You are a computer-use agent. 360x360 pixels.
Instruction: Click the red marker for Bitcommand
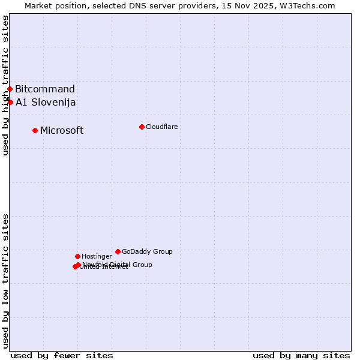click(x=10, y=89)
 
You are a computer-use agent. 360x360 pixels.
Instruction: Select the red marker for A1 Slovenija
click(x=10, y=102)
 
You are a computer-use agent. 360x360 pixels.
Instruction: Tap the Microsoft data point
click(x=35, y=130)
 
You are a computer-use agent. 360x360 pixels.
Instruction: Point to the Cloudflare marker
click(x=142, y=127)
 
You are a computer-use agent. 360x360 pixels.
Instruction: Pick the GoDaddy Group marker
click(x=118, y=251)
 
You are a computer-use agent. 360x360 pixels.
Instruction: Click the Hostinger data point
click(x=77, y=256)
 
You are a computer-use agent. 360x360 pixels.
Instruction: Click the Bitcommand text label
click(x=45, y=89)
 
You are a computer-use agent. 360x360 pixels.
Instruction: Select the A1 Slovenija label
click(x=46, y=102)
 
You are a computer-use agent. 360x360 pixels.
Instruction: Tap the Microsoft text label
click(x=62, y=130)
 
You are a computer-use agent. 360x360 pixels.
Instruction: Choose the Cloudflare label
click(x=161, y=127)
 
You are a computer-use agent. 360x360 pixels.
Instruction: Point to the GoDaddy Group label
click(x=147, y=251)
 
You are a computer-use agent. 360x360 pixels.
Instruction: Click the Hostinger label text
click(x=97, y=256)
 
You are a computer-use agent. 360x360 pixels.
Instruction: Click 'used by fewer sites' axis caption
click(x=62, y=355)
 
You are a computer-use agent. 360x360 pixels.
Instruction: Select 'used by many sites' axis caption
click(x=301, y=355)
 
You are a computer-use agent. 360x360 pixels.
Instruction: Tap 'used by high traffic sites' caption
click(x=5, y=85)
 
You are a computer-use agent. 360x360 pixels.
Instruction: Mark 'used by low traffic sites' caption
click(x=5, y=281)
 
